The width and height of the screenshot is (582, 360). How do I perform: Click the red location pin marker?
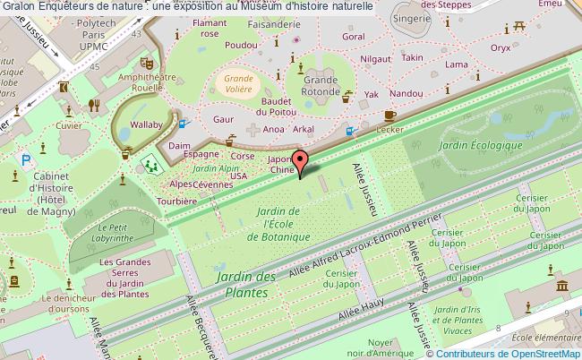[x=304, y=161]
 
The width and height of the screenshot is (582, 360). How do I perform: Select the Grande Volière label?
[x=237, y=83]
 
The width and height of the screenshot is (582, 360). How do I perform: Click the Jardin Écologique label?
[x=481, y=145]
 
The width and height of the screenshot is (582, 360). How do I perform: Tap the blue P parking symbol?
[x=27, y=159]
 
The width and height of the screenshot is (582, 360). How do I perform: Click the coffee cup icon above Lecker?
[x=389, y=116]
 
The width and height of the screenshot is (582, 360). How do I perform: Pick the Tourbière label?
[x=176, y=201]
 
